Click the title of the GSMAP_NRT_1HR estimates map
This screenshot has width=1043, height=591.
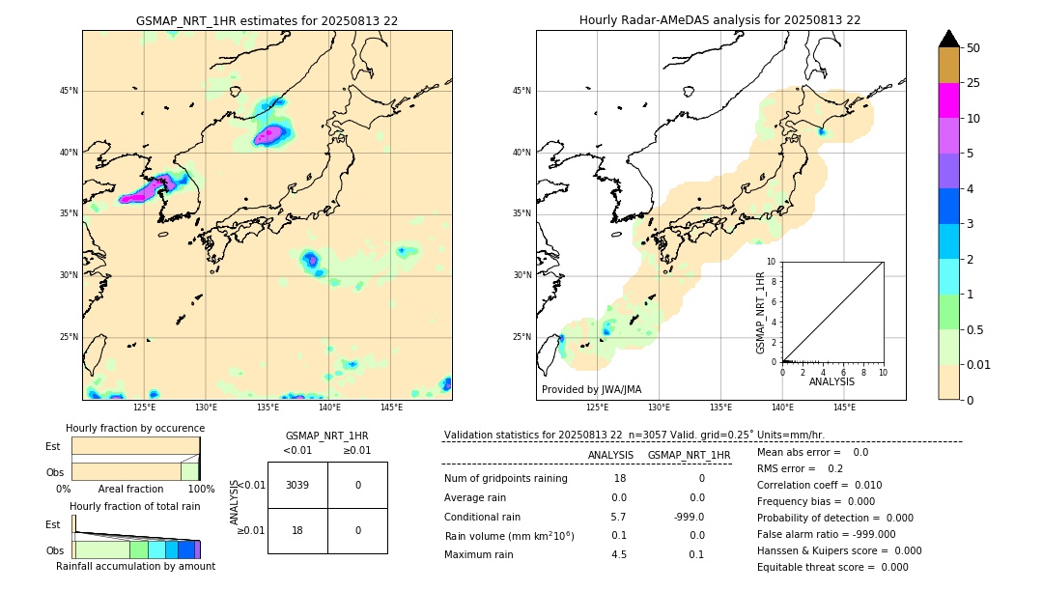click(x=267, y=20)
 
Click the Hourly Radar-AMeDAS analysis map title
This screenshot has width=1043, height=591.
click(x=719, y=20)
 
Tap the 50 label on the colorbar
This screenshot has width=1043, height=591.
click(x=973, y=48)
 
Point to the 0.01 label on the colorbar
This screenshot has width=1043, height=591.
click(x=979, y=364)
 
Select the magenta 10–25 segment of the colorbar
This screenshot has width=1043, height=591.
click(x=948, y=100)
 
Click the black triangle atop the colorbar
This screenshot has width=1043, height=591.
click(x=948, y=39)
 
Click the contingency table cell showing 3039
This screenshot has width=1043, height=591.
click(x=297, y=485)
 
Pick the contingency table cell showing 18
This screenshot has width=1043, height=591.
click(x=297, y=530)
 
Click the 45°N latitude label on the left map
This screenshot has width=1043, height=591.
click(x=69, y=91)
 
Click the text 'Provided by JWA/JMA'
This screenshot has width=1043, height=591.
click(x=591, y=389)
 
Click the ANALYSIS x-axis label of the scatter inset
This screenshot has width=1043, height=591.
click(x=832, y=381)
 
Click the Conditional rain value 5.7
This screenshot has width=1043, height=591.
click(x=618, y=517)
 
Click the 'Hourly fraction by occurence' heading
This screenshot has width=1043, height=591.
click(x=135, y=428)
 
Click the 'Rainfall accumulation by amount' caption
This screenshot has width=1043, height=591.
click(x=135, y=566)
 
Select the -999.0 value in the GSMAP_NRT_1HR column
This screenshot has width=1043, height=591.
click(x=689, y=517)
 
